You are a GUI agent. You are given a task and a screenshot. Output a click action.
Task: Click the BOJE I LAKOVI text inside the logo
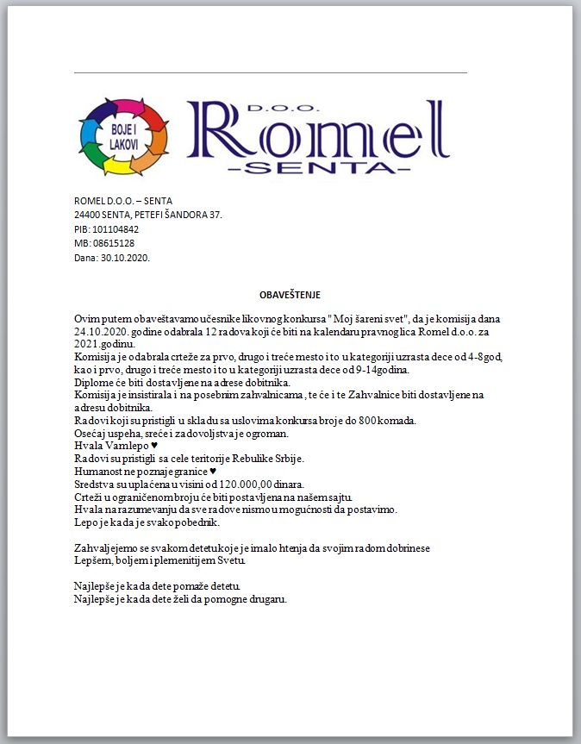coord(123,136)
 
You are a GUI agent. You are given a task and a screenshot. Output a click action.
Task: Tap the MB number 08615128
coord(113,243)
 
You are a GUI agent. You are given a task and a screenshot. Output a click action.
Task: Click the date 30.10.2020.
coord(125,257)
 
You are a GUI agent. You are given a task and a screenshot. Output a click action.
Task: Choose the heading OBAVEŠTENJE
coord(290,295)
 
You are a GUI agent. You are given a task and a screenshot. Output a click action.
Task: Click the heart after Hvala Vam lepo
coord(154,446)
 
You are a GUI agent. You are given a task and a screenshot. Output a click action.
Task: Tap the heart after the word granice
coord(213,472)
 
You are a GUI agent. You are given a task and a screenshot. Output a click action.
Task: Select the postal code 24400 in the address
coord(88,215)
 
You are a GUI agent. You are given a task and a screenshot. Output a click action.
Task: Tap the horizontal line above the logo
coord(270,73)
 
